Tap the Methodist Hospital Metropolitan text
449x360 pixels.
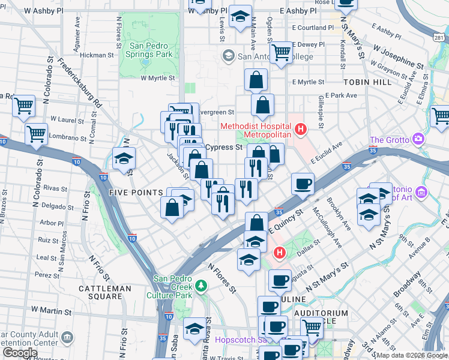[x=256, y=130]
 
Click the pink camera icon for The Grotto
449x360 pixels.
[x=418, y=140]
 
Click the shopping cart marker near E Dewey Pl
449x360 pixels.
[x=281, y=52]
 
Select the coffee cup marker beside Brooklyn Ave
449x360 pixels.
[x=303, y=183]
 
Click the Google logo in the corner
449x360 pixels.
[x=20, y=353]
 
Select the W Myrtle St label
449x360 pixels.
[x=158, y=78]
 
